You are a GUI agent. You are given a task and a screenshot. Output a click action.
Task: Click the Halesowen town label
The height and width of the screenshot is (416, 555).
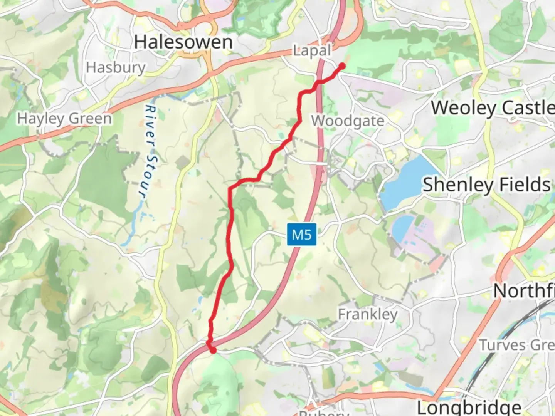(183, 42)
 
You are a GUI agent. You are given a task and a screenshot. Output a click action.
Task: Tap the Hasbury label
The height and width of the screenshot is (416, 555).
(116, 67)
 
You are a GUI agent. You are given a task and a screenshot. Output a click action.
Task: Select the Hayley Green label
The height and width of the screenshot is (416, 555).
(64, 118)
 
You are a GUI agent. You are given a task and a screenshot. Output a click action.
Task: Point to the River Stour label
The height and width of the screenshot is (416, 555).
(147, 152)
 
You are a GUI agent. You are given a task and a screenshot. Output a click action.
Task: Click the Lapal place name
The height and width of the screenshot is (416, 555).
(312, 50)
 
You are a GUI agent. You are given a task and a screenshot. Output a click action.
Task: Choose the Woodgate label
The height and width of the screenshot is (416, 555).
(348, 121)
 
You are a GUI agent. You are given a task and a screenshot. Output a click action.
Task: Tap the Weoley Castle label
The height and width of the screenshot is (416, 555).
(493, 107)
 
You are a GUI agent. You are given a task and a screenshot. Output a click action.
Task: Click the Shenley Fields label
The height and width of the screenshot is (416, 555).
(486, 185)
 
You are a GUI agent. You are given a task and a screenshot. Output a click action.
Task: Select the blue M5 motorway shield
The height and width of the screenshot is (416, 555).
(301, 234)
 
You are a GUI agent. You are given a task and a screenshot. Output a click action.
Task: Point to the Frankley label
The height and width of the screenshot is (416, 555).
(368, 314)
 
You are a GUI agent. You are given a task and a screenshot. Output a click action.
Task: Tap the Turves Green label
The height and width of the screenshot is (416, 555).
(516, 345)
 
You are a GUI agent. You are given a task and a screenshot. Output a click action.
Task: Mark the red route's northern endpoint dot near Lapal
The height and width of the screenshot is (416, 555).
(341, 66)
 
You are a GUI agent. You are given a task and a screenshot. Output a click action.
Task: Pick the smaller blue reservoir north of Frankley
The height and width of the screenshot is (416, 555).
(403, 227)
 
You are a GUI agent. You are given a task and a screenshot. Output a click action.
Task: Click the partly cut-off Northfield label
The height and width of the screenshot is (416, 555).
(524, 291)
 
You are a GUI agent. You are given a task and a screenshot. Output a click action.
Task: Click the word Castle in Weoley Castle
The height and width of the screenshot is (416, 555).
(528, 107)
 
